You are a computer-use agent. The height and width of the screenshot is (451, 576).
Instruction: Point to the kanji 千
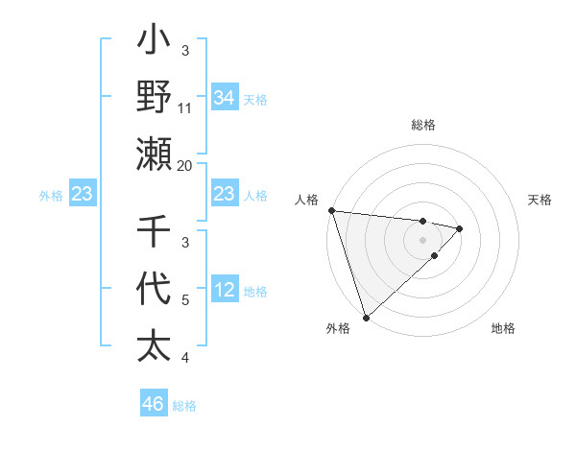[x=154, y=233]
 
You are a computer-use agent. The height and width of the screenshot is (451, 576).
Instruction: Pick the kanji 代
[x=154, y=289]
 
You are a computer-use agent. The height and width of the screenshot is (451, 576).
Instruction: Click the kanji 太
[x=154, y=344]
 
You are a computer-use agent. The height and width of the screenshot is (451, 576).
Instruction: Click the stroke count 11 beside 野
[x=185, y=108]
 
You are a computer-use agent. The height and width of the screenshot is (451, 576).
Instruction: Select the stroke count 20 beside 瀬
[x=185, y=166]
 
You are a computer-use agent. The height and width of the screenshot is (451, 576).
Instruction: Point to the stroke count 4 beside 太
[x=185, y=358]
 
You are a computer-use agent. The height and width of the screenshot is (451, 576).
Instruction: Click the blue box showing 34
[x=224, y=98]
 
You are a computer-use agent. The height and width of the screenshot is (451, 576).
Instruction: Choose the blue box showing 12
[x=224, y=291]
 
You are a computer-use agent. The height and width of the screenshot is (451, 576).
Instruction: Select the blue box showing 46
[x=153, y=404]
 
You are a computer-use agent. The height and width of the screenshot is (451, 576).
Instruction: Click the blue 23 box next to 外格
[x=83, y=195]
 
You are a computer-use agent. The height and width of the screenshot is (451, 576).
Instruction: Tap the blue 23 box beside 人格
[x=224, y=195]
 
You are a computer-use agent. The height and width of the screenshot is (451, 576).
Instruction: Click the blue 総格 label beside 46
[x=184, y=406]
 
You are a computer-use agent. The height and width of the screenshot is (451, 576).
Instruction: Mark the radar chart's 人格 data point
[x=331, y=210]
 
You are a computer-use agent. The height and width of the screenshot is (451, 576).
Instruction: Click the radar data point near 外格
[x=366, y=317]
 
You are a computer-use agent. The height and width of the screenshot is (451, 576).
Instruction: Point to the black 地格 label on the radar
[x=503, y=328]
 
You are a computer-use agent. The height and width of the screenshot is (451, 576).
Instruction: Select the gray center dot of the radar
[x=422, y=239]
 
